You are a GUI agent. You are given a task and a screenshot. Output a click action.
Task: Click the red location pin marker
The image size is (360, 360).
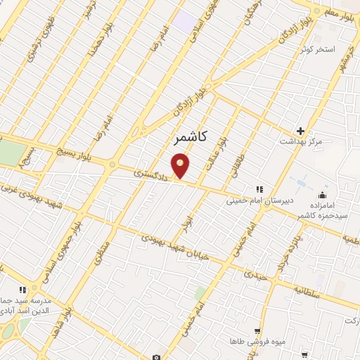pyautogui.click(x=181, y=166)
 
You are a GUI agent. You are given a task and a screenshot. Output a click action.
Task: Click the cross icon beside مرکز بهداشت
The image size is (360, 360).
pyautogui.click(x=300, y=131)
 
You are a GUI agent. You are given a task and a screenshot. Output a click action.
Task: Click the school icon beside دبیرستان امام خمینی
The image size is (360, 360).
pyautogui.click(x=259, y=188)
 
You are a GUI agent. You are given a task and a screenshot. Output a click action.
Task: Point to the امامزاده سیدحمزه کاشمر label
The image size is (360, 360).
pyautogui.click(x=321, y=208)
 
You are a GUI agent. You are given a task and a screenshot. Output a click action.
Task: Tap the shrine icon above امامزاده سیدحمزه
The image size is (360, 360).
pyautogui.click(x=323, y=195)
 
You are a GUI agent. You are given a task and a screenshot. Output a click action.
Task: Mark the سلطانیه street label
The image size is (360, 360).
pyautogui.click(x=308, y=290)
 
